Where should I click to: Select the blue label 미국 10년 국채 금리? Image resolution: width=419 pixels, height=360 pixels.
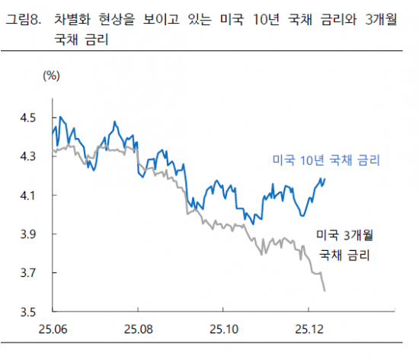click(x=326, y=160)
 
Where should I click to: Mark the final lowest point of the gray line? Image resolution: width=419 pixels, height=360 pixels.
click(x=325, y=291)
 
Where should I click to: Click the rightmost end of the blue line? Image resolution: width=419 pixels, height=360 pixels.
click(x=325, y=178)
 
